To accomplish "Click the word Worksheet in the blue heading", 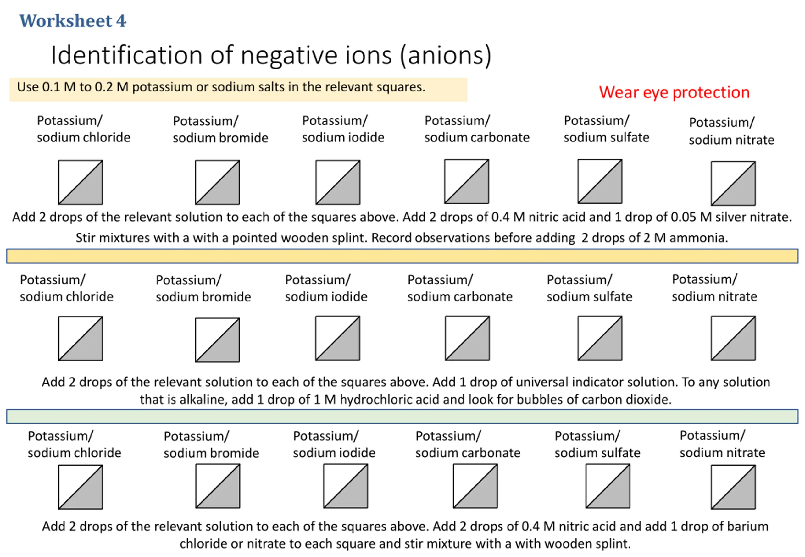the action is [66, 21].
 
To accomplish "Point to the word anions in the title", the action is [446, 56].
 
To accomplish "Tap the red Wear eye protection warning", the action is [674, 92].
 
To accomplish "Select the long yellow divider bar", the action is [402, 256].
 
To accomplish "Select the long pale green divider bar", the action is [402, 416].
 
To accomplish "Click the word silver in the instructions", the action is [731, 217].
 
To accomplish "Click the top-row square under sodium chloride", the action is [80, 182].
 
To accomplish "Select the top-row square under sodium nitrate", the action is [733, 183].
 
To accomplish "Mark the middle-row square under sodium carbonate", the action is [467, 338].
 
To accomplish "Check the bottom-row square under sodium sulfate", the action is [608, 486].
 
